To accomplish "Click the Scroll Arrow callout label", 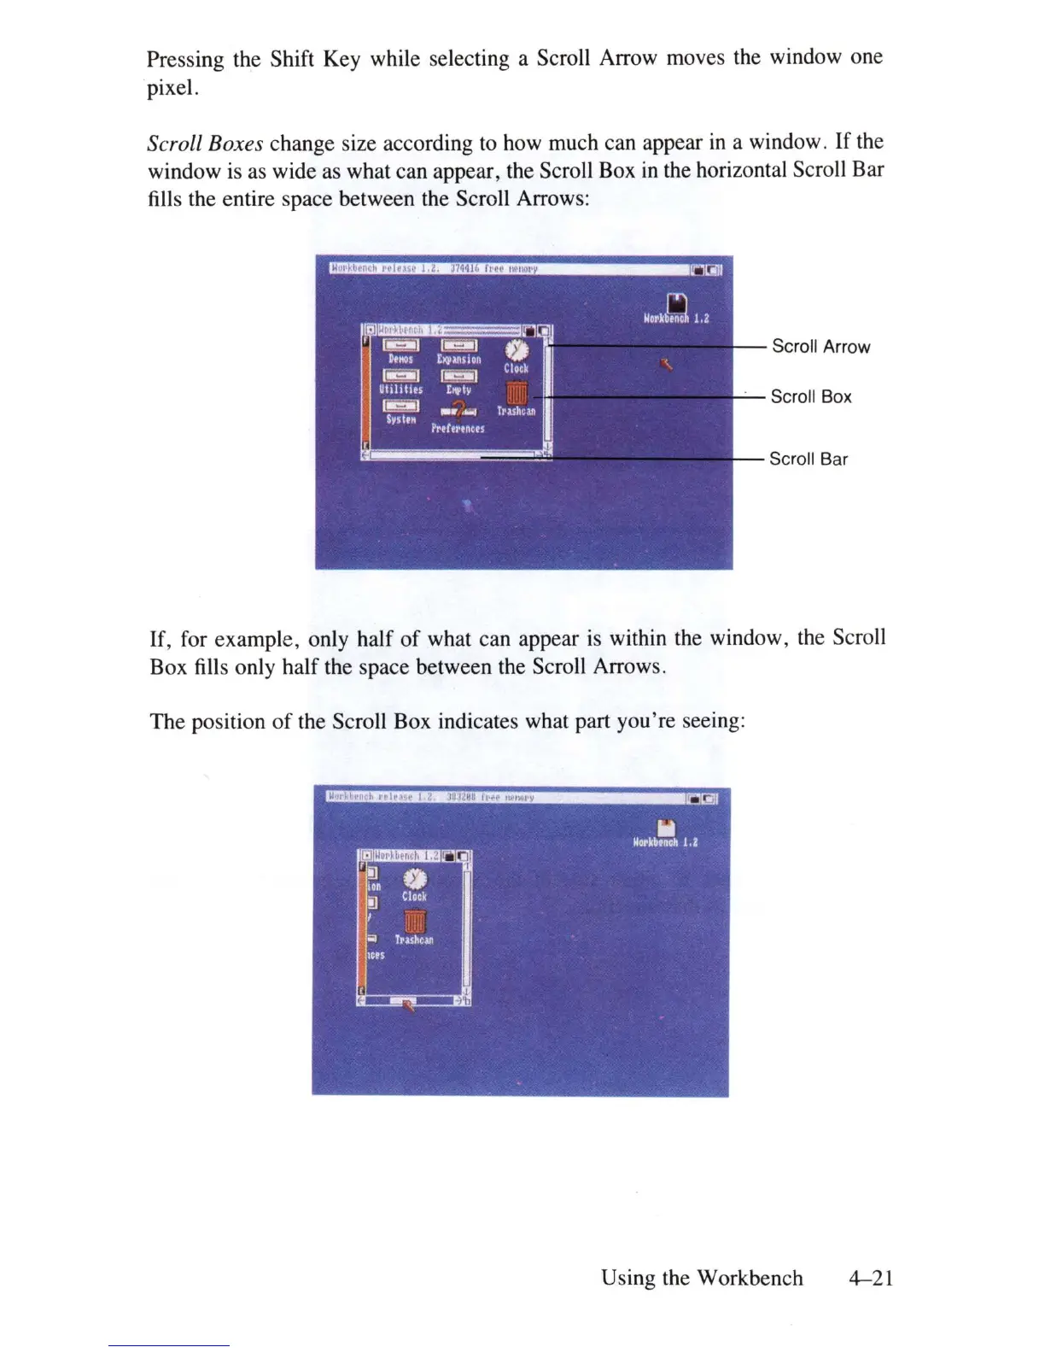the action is (820, 347).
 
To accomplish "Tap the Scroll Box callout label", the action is (810, 396).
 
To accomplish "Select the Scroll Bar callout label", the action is (808, 459).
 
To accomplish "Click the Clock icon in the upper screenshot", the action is (517, 351).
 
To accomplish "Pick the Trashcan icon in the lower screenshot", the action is (414, 922).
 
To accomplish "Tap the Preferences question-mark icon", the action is (458, 411).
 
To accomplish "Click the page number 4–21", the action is (870, 1278).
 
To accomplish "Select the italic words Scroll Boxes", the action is (205, 143).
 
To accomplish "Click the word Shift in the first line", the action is (292, 59).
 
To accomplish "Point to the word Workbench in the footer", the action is (750, 1278).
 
